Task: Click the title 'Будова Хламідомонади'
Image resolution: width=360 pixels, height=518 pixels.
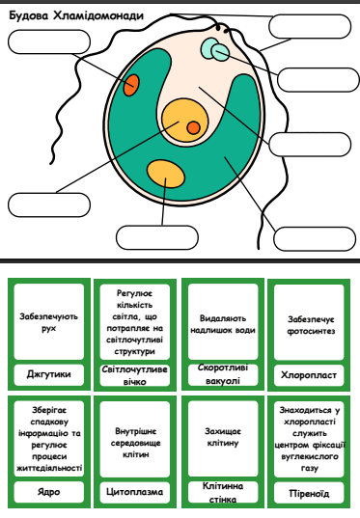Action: click(76, 15)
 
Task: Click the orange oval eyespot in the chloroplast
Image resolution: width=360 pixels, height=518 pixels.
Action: click(131, 85)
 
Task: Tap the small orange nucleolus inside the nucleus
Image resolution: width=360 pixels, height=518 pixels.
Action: click(193, 127)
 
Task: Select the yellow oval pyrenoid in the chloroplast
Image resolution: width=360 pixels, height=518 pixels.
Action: click(166, 174)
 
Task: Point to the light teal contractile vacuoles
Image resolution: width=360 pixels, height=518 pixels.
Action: click(215, 49)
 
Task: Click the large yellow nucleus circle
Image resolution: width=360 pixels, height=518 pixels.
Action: click(184, 121)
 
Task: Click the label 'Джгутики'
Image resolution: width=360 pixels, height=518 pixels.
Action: click(49, 374)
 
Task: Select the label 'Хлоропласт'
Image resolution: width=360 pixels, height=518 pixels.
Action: click(309, 375)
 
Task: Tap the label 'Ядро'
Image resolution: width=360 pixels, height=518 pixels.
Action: click(49, 492)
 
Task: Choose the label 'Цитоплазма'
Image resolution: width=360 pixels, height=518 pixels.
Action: click(135, 492)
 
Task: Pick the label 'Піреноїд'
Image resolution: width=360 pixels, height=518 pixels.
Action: click(309, 493)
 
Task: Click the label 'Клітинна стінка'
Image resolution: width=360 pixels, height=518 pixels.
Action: click(223, 492)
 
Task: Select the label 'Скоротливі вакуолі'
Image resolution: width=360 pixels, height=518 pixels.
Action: click(223, 374)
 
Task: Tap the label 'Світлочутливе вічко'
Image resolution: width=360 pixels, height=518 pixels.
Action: click(135, 375)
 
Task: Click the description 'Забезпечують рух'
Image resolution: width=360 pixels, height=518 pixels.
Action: click(49, 322)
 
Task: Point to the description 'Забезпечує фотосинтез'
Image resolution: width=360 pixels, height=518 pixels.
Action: click(311, 325)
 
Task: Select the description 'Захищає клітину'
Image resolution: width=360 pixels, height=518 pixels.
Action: click(223, 437)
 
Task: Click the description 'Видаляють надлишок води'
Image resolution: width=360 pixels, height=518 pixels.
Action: click(223, 324)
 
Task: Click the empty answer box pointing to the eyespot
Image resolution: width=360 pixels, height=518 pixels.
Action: click(49, 41)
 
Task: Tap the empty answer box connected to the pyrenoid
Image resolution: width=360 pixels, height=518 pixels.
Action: click(157, 237)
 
